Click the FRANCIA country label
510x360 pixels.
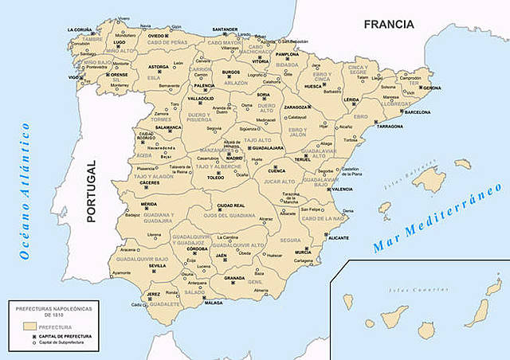[x=389, y=25]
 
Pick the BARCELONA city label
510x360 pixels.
[x=418, y=112]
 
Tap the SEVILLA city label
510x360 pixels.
[x=157, y=265]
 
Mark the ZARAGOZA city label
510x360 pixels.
[x=296, y=107]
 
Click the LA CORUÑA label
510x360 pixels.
[x=80, y=29]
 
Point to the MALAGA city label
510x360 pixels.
[x=213, y=303]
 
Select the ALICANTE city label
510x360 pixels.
[x=338, y=237]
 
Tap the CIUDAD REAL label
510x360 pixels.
[x=231, y=205]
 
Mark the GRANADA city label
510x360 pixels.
[x=234, y=277]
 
